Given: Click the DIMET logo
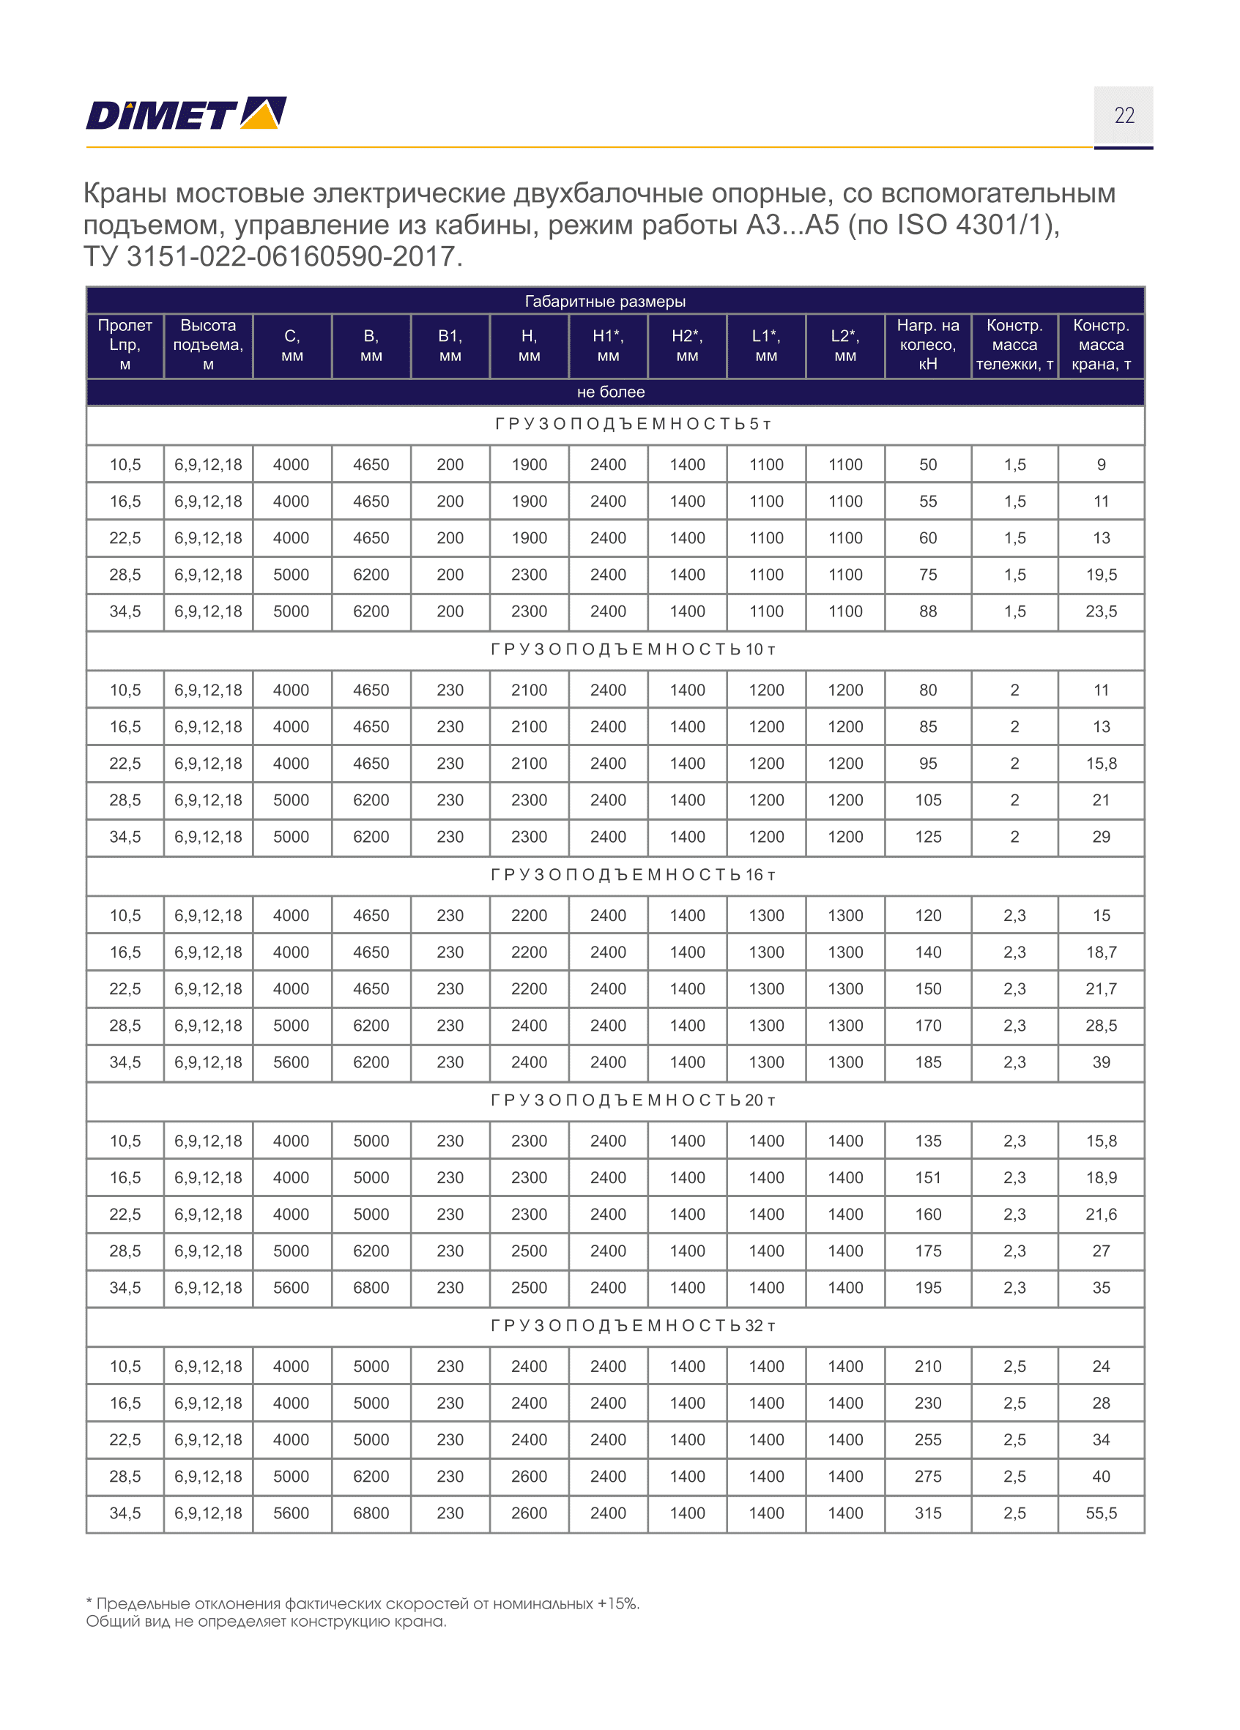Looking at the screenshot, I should (185, 114).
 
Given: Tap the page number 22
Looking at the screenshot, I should (1124, 116).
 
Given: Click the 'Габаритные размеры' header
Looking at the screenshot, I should (605, 302).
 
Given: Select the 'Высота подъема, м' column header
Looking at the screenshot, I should (207, 345).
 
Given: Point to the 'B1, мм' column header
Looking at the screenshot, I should (450, 346).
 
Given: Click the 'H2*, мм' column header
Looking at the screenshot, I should (687, 346).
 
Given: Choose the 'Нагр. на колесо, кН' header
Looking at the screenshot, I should (927, 345).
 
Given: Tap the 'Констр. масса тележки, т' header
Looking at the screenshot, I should (1014, 345).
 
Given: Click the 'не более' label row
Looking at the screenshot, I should (610, 392).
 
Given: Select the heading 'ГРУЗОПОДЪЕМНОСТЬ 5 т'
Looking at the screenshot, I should (634, 424).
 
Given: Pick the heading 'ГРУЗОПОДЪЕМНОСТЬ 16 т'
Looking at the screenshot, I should (634, 875).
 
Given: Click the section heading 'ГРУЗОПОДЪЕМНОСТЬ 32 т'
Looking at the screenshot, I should (634, 1326).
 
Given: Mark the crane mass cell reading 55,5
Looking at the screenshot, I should (1100, 1513).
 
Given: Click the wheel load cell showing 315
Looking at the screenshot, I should (927, 1513).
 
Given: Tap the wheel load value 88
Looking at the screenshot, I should (927, 612).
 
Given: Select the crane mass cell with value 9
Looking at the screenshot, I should (1100, 465).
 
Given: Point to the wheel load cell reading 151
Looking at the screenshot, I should (927, 1178).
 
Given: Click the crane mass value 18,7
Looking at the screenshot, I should (1100, 952).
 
